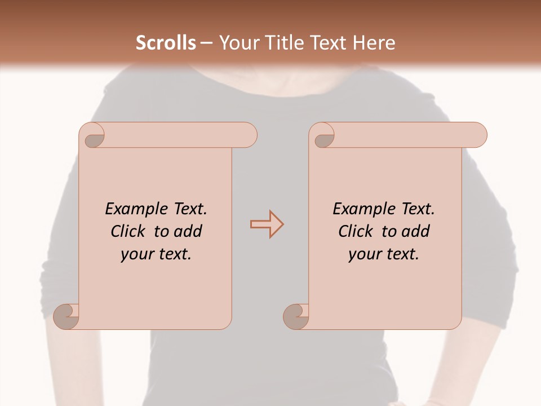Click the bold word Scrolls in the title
[x=166, y=43]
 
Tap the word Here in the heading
[x=374, y=43]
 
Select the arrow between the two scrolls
[x=267, y=224]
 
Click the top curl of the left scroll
[x=94, y=136]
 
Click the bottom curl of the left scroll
[x=66, y=316]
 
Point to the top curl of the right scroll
[x=324, y=136]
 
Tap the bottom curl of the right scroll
[x=296, y=316]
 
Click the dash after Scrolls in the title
[x=206, y=43]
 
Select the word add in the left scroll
[x=188, y=232]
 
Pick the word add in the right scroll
[x=416, y=232]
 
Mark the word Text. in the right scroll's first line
[x=418, y=209]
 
